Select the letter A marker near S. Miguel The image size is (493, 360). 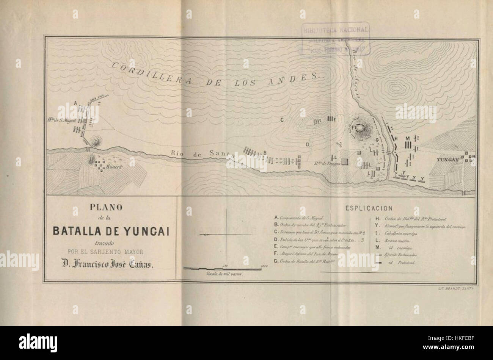(76, 103)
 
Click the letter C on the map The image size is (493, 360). (282, 121)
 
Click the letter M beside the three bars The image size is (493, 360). (407, 138)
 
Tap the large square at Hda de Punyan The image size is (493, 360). (345, 162)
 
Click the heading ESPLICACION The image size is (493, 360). (369, 208)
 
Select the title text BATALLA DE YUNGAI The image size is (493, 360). (110, 230)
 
